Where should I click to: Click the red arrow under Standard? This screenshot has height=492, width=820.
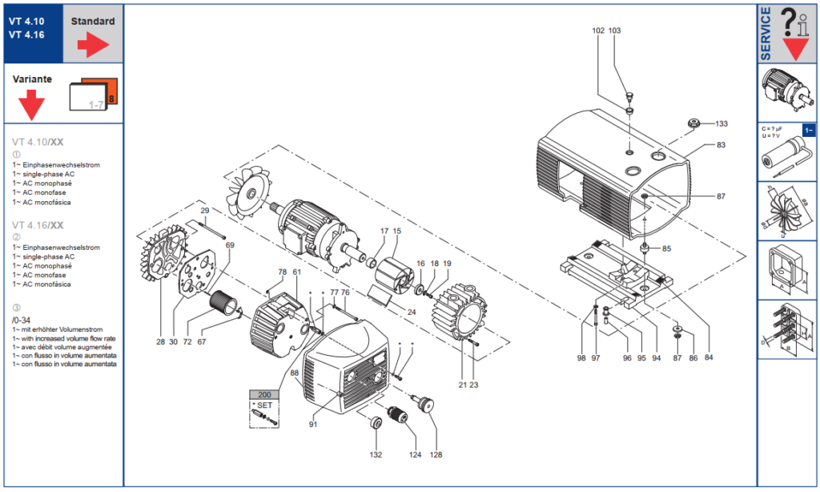tap(93, 45)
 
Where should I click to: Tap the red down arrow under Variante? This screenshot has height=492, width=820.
tap(31, 105)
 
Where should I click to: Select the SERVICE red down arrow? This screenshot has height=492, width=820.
tap(796, 49)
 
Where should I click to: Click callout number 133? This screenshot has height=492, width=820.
tap(722, 123)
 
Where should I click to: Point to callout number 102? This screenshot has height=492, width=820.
tap(598, 30)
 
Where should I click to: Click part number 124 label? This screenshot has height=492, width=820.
tap(416, 455)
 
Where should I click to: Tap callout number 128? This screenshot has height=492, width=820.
tap(436, 455)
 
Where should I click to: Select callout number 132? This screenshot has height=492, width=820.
tap(376, 455)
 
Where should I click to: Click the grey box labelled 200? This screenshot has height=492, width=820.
tap(264, 395)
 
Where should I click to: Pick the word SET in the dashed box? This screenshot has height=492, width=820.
tap(264, 405)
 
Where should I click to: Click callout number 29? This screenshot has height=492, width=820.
tap(205, 211)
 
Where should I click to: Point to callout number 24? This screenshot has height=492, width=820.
tap(412, 312)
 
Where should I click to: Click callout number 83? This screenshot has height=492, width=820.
tap(722, 144)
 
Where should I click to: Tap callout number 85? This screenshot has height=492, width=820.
tap(666, 248)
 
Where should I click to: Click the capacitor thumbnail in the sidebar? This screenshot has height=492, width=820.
tap(787, 152)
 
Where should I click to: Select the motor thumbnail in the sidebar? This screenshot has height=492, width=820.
tap(787, 93)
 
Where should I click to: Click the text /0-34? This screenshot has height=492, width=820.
tap(22, 321)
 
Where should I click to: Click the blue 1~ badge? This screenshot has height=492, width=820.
tap(809, 131)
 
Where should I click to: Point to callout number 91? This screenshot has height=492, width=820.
tap(313, 425)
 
